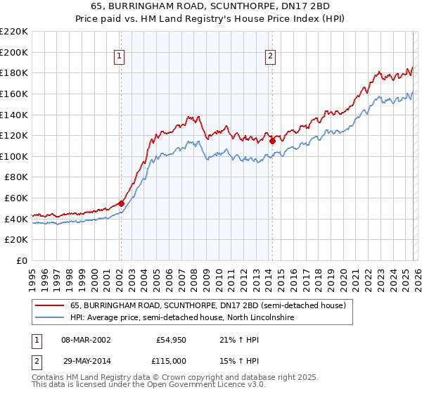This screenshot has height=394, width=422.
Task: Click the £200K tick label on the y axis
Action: pos(14,52)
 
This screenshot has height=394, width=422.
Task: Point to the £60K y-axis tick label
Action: pos(16,198)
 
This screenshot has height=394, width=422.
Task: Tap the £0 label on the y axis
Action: pos(23,261)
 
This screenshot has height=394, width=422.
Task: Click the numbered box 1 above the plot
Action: pos(120,58)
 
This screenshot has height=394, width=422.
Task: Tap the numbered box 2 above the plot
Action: pos(271,58)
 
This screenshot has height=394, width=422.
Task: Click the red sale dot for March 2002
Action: pos(121,203)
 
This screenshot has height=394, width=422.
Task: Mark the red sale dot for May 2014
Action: pos(272,141)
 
